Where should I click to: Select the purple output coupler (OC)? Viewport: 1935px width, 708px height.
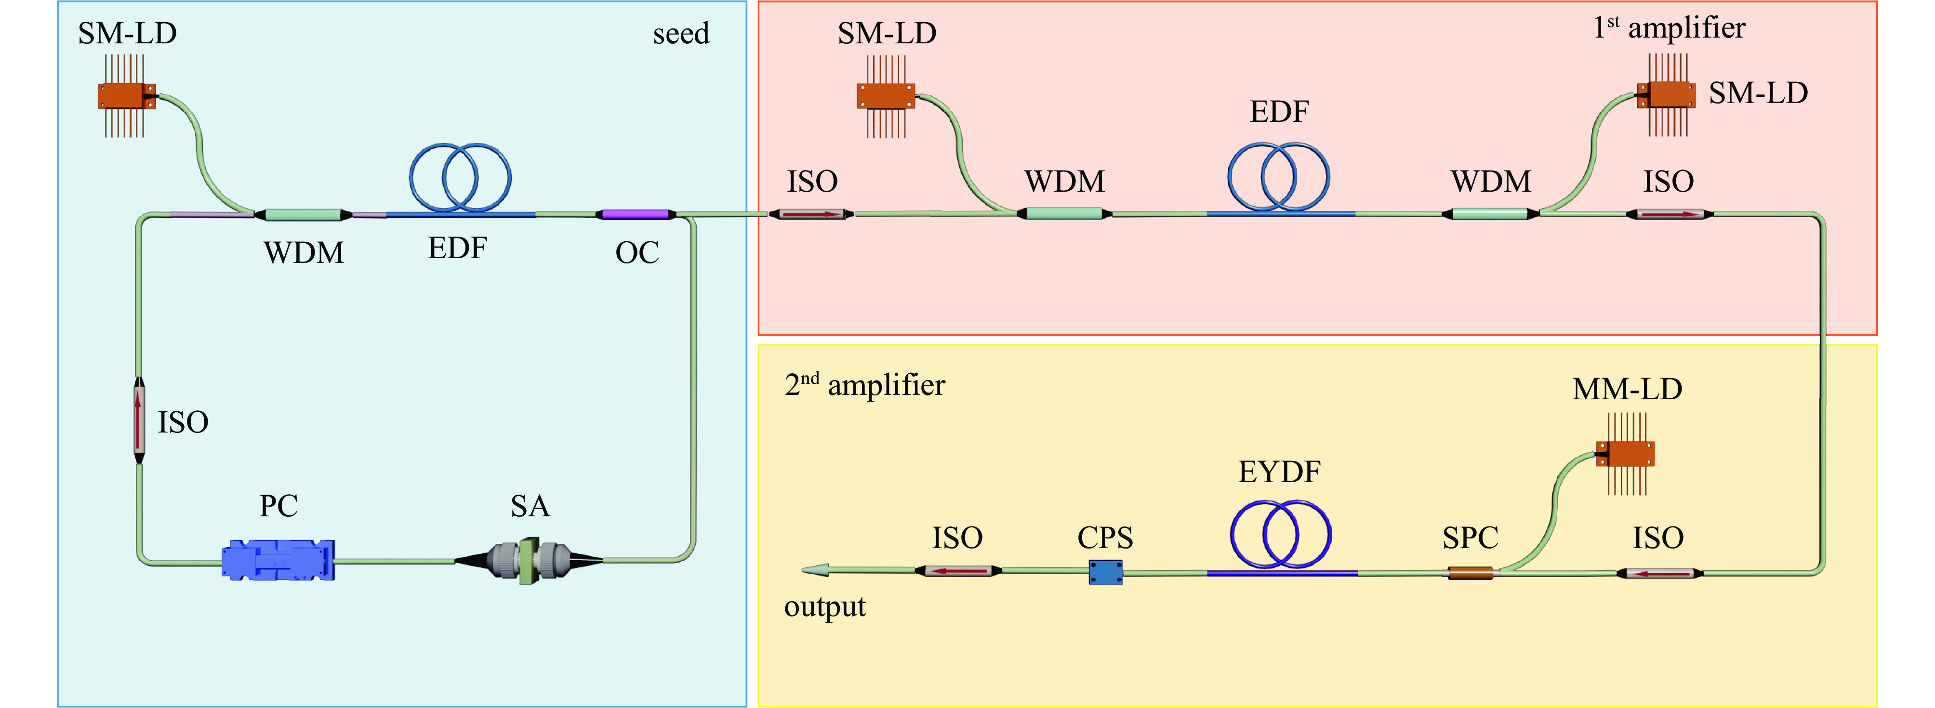[636, 215]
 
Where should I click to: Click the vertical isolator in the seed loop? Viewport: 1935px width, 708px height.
[139, 420]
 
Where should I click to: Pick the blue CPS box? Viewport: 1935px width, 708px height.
[1106, 572]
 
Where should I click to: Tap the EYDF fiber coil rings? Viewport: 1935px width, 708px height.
[1281, 535]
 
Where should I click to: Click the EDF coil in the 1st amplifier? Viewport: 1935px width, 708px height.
[1278, 177]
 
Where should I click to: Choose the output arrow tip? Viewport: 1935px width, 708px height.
[810, 571]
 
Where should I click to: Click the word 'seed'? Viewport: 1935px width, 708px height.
[680, 34]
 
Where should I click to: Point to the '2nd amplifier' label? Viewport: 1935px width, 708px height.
[864, 385]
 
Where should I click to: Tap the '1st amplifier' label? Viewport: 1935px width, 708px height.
[1669, 28]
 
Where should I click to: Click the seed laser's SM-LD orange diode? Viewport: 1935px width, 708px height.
[126, 97]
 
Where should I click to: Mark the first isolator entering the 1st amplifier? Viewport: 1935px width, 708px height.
[811, 215]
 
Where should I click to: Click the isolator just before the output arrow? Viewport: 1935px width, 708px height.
[958, 571]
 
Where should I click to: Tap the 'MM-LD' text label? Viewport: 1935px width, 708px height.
[1627, 389]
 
